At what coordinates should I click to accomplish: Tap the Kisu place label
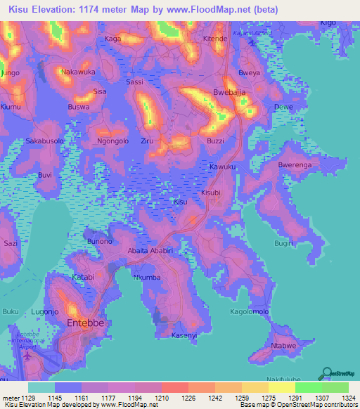click(x=181, y=202)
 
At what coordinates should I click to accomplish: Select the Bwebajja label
click(x=229, y=93)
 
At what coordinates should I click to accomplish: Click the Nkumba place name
click(x=147, y=278)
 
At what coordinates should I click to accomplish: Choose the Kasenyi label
click(x=184, y=335)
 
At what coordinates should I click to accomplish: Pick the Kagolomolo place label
click(x=250, y=311)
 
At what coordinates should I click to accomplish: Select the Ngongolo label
click(x=112, y=141)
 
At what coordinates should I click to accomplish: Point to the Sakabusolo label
click(x=45, y=141)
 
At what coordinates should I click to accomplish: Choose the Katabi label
click(x=83, y=277)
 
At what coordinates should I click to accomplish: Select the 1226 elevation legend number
click(x=188, y=398)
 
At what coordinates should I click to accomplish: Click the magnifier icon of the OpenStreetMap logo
click(x=326, y=372)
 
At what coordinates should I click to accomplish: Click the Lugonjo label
click(x=45, y=311)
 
